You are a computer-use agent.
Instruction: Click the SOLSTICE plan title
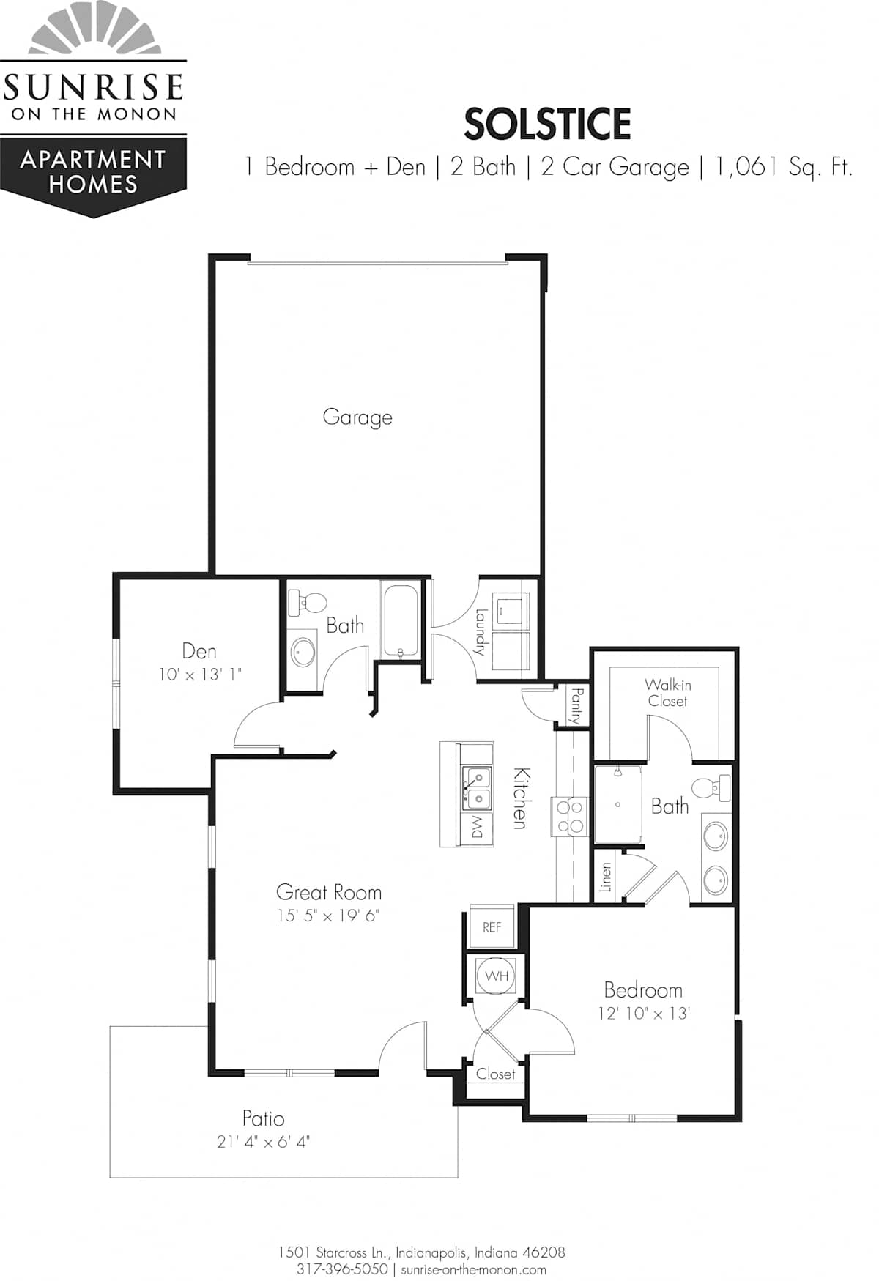pos(547,124)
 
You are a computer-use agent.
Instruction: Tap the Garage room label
pos(357,417)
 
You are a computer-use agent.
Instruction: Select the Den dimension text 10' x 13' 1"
pos(200,674)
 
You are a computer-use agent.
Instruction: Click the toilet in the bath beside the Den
pos(307,603)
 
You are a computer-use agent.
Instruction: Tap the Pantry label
pos(576,705)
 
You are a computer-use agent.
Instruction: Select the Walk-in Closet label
pos(667,692)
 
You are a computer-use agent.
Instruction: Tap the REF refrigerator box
pos(492,927)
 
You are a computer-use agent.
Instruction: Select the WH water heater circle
pos(497,976)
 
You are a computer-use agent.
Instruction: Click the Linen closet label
pos(605,876)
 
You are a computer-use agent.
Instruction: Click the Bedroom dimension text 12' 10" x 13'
pos(644,1013)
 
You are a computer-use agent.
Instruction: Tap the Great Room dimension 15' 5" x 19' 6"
pos(328,916)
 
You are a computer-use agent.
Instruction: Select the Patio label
pos(264,1118)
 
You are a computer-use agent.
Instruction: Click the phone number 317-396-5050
pos(342,1269)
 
